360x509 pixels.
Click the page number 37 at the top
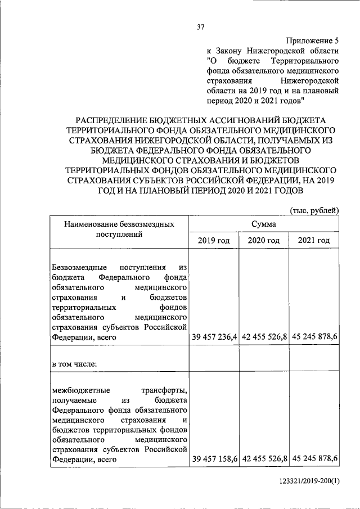(200, 27)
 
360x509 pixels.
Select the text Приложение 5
(313, 40)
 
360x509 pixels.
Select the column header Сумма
(264, 224)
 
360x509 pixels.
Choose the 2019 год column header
(213, 241)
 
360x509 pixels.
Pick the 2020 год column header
(263, 241)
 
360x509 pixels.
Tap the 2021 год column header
(313, 241)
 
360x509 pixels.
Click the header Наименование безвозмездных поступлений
(119, 229)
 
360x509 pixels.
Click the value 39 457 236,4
(214, 337)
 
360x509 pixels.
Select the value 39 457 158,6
(214, 460)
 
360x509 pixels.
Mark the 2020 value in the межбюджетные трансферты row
(264, 460)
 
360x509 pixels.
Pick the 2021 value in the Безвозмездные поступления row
(314, 337)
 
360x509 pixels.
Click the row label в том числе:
(74, 363)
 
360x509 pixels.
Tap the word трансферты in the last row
(164, 389)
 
